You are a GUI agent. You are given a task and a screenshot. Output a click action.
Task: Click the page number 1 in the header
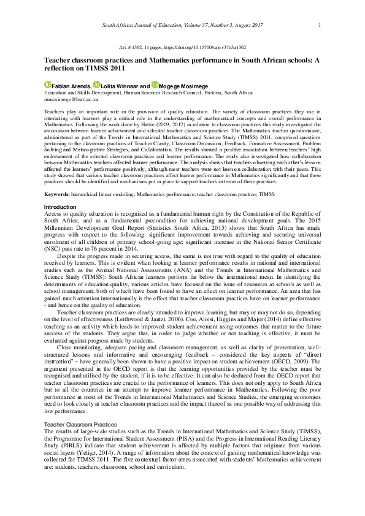tap(320, 25)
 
